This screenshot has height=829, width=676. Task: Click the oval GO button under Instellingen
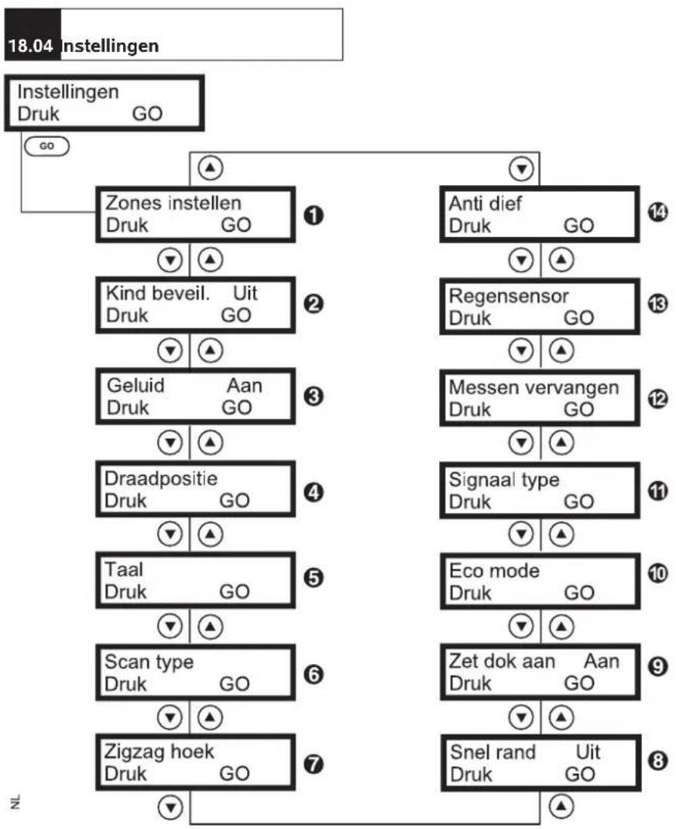click(46, 146)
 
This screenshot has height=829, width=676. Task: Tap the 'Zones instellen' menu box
click(196, 215)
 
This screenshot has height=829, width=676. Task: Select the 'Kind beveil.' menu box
click(196, 305)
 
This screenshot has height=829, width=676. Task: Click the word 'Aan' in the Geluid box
click(244, 385)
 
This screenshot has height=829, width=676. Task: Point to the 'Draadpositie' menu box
click(196, 489)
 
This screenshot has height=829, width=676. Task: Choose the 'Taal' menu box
click(196, 580)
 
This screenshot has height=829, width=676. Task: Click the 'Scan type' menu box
click(196, 672)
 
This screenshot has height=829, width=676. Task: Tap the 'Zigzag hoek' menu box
click(196, 762)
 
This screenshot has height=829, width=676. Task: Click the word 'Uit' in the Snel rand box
click(588, 752)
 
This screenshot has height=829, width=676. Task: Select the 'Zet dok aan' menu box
click(540, 672)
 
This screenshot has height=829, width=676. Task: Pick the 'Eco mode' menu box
click(540, 582)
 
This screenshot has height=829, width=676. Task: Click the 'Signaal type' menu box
click(540, 490)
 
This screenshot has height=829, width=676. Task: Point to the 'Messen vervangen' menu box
click(540, 398)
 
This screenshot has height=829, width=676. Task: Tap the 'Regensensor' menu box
click(540, 307)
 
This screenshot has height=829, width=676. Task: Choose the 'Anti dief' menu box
click(540, 214)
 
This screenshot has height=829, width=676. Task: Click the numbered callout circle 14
click(657, 212)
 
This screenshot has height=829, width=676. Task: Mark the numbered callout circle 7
click(314, 764)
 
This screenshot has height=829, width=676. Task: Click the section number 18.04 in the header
click(31, 46)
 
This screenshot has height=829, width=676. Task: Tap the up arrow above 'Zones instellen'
click(211, 168)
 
